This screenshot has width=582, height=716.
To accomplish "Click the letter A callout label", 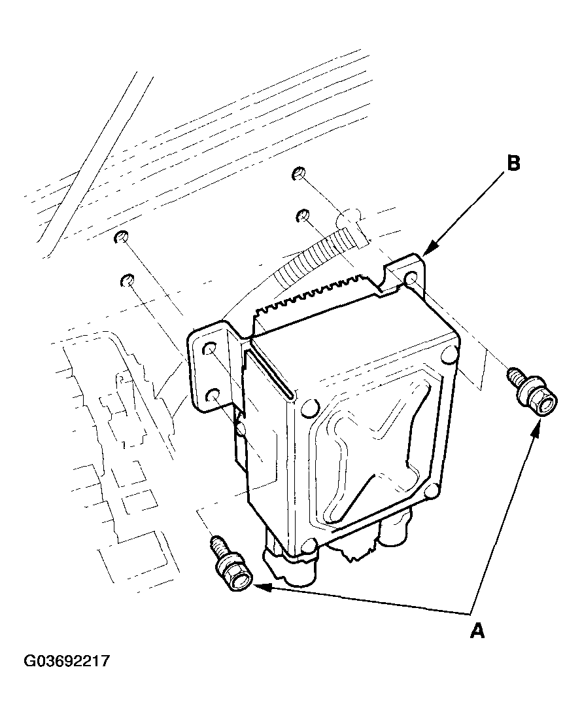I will point(478,631).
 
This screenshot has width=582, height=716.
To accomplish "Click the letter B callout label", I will point(513,163).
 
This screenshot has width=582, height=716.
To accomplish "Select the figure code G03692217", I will point(67,661).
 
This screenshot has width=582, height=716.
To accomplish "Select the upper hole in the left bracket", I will point(211,349).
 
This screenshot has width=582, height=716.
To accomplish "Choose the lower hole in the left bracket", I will point(213,395).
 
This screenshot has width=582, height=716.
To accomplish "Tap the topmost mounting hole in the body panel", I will point(298,173).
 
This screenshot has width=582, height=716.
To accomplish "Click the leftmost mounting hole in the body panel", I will point(120,237).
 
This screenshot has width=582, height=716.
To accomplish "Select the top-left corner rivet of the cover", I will point(307,408).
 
